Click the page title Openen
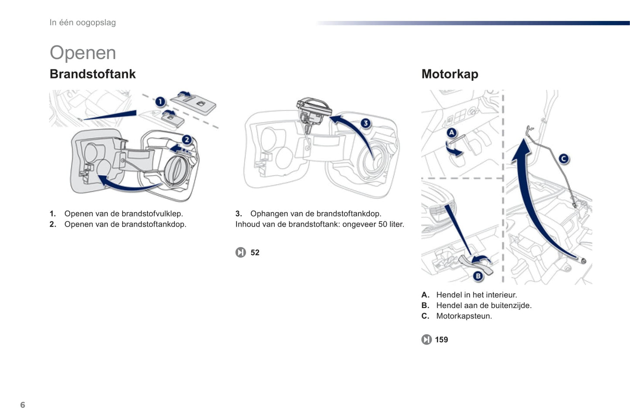[x=83, y=53]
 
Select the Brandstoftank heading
[x=92, y=74]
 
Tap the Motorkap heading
[x=450, y=74]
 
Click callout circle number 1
[x=160, y=102]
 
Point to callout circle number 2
[x=187, y=139]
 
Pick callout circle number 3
[x=365, y=123]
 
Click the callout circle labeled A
[x=452, y=133]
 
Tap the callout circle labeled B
[x=478, y=276]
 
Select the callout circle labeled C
[x=564, y=159]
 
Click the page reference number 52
[x=255, y=253]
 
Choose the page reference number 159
[x=441, y=340]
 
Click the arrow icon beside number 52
[x=241, y=253]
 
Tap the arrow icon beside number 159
[x=426, y=340]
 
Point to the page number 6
[x=23, y=405]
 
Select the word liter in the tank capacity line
[x=395, y=224]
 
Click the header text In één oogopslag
[x=82, y=23]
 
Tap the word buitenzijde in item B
[x=505, y=305]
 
